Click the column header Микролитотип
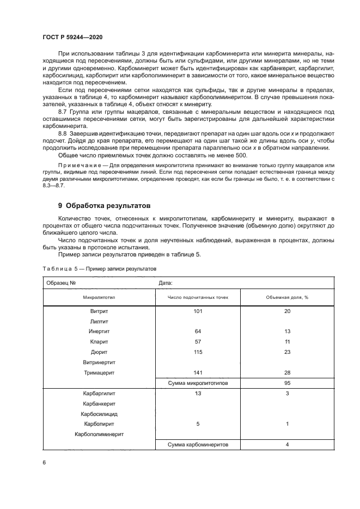pos(99,297)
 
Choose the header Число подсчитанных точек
pos(198,297)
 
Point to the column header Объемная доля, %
pos(287,297)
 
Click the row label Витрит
pos(99,311)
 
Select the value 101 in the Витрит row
pos(198,311)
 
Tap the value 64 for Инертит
pos(198,332)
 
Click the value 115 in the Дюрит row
pos(198,352)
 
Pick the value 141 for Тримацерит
pos(198,372)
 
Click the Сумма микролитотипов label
pos(198,383)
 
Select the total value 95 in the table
pos(287,383)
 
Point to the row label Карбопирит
pos(99,424)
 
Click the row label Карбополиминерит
pos(99,434)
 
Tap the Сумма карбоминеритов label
pos(198,445)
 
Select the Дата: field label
pos(165,283)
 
